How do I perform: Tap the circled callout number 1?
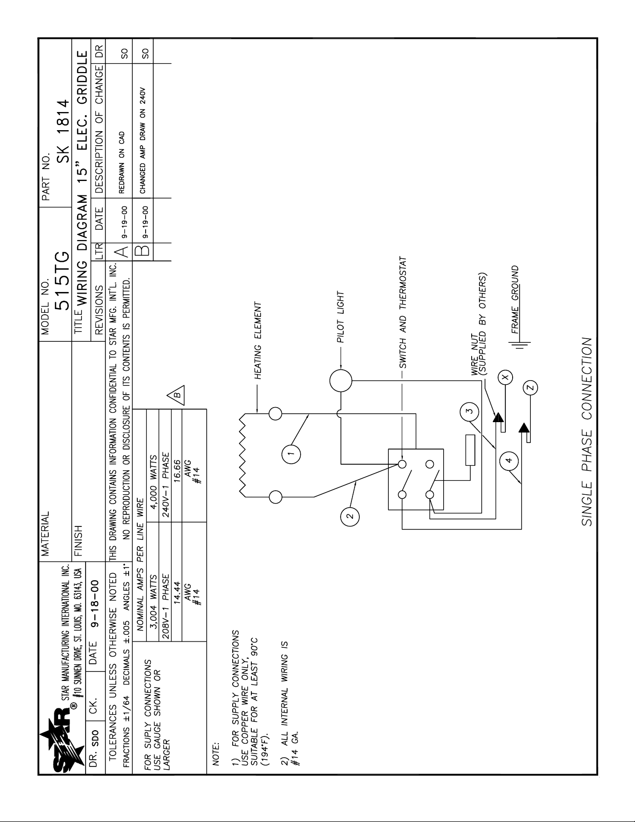point(291,454)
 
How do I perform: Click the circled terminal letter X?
point(506,377)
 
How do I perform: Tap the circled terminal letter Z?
point(530,387)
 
